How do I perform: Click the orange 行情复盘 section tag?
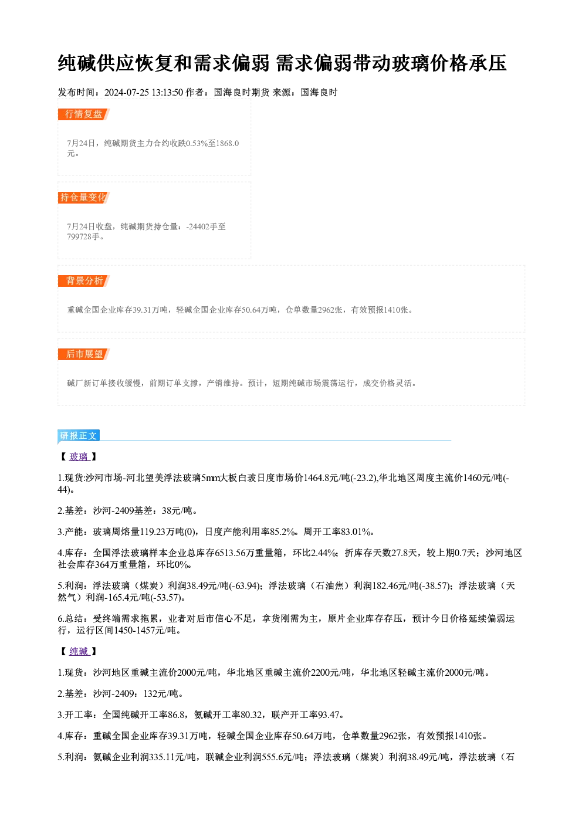coord(84,114)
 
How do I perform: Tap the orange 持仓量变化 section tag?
coord(84,198)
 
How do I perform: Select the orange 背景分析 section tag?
coord(84,281)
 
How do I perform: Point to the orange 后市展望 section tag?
coord(84,354)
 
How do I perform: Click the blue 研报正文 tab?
coord(79,436)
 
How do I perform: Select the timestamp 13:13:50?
coord(167,93)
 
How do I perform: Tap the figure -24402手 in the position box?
coord(202,226)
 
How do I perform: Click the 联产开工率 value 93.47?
coord(329,715)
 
